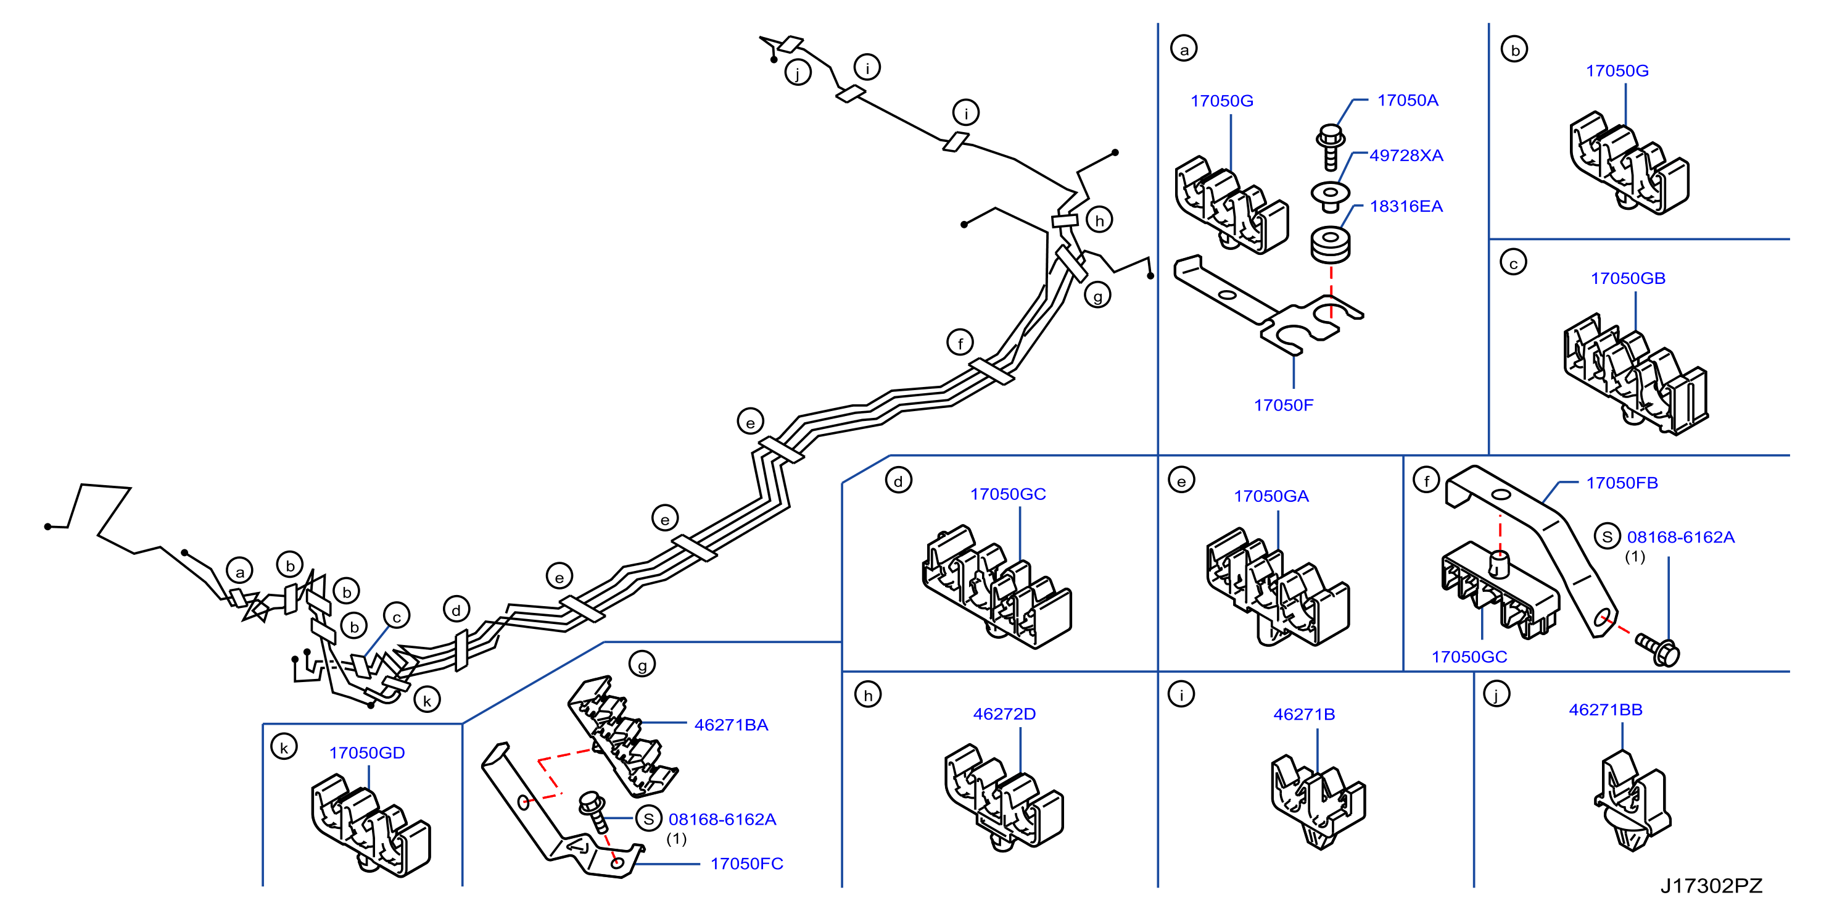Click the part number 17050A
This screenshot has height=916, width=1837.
[1407, 101]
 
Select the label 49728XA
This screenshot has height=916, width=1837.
[1406, 156]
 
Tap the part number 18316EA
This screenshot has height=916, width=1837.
[1406, 206]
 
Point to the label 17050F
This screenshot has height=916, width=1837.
[1284, 405]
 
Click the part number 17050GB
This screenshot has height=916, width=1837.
[1628, 278]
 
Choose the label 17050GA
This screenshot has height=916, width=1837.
[1271, 496]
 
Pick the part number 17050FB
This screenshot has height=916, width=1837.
[1622, 483]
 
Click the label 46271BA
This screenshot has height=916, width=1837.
[731, 725]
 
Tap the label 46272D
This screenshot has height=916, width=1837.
[1004, 714]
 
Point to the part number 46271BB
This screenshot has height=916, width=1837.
[1605, 710]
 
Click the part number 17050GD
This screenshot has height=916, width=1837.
[366, 752]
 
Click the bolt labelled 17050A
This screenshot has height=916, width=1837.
[1330, 147]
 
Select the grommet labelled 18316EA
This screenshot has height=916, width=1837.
[1330, 244]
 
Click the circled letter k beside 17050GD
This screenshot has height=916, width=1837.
[284, 747]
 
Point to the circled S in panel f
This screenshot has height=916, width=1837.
[1607, 536]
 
